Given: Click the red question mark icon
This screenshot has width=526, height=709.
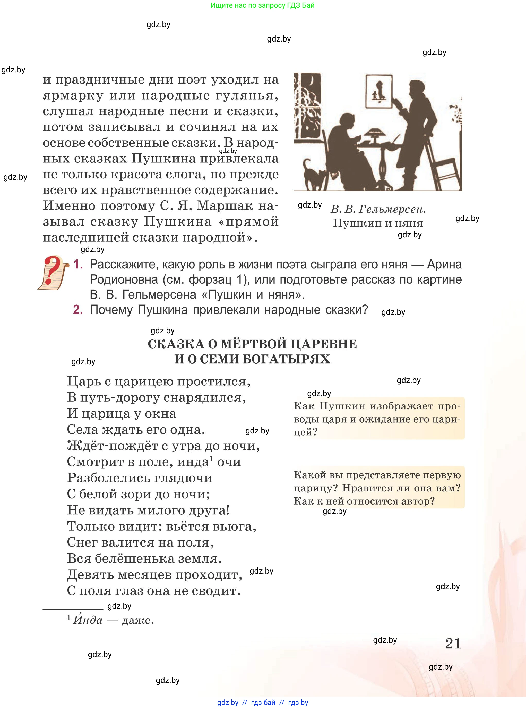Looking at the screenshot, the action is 52,271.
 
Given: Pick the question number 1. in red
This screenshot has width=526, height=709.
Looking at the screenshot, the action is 78,264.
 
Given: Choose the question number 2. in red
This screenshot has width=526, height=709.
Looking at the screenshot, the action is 78,310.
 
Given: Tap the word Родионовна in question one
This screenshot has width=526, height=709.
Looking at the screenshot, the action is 124,279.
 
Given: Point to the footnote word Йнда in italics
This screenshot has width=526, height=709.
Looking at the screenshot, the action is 88,620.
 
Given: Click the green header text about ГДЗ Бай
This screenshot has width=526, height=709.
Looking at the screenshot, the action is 262,5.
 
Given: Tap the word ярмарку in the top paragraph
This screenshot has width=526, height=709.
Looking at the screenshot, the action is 73,96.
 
